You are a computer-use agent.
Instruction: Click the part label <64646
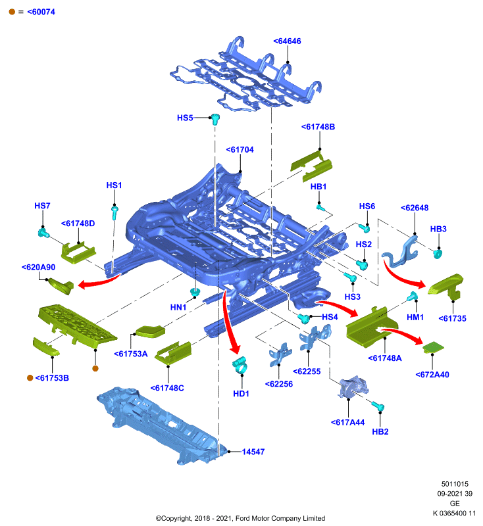coord(287,41)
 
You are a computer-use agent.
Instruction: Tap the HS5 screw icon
coord(215,119)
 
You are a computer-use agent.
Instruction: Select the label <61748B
coord(318,127)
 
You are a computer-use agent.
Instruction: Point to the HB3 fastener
coord(438,254)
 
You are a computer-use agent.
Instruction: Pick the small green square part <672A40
coord(434,347)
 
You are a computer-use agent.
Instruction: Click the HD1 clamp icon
coord(240,366)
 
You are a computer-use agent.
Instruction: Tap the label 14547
coord(253,452)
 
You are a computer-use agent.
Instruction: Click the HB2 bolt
coord(378,406)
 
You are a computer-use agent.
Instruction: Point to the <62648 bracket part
coord(401,252)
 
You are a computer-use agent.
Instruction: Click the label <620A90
coord(38,268)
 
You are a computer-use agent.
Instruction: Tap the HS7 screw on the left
coord(43,233)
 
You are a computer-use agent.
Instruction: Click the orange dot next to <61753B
coord(30,377)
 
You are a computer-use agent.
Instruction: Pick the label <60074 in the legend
coord(41,12)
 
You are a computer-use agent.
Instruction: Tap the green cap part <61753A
coord(150,331)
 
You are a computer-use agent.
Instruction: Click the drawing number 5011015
coord(455,484)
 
